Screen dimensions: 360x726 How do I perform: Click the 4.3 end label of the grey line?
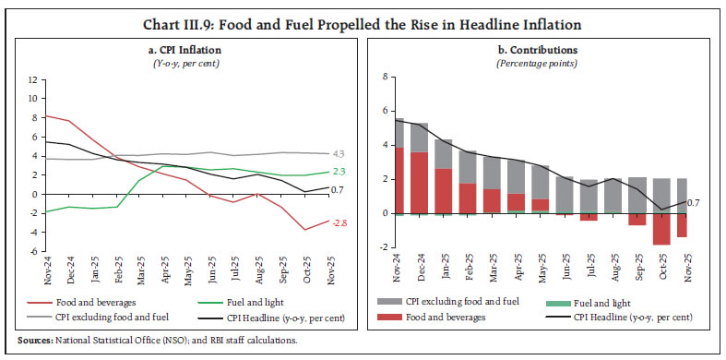point(338,153)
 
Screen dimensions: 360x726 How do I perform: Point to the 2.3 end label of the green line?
point(338,172)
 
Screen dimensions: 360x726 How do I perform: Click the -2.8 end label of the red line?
point(338,222)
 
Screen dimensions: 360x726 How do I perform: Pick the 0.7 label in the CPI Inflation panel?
point(338,189)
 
